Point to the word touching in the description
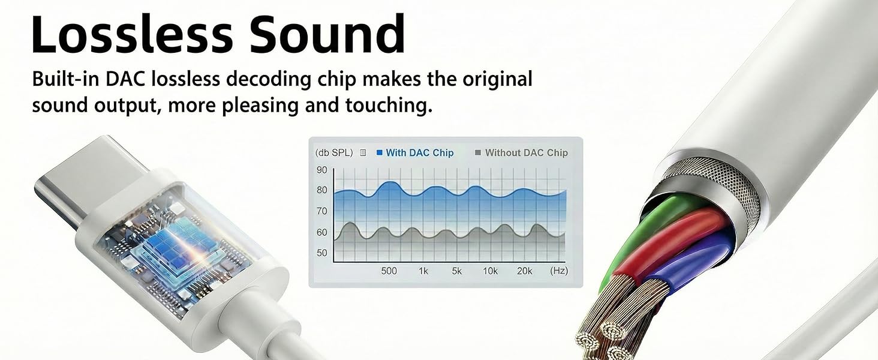point(389,105)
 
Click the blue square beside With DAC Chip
point(379,152)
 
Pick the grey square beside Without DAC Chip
point(478,152)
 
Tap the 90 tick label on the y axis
point(322,170)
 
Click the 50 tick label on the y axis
point(322,253)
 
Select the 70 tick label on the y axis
point(322,211)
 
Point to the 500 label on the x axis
point(389,271)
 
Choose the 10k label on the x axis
point(490,271)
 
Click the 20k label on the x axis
point(524,271)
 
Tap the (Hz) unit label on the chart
point(559,271)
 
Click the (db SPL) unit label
point(334,152)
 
